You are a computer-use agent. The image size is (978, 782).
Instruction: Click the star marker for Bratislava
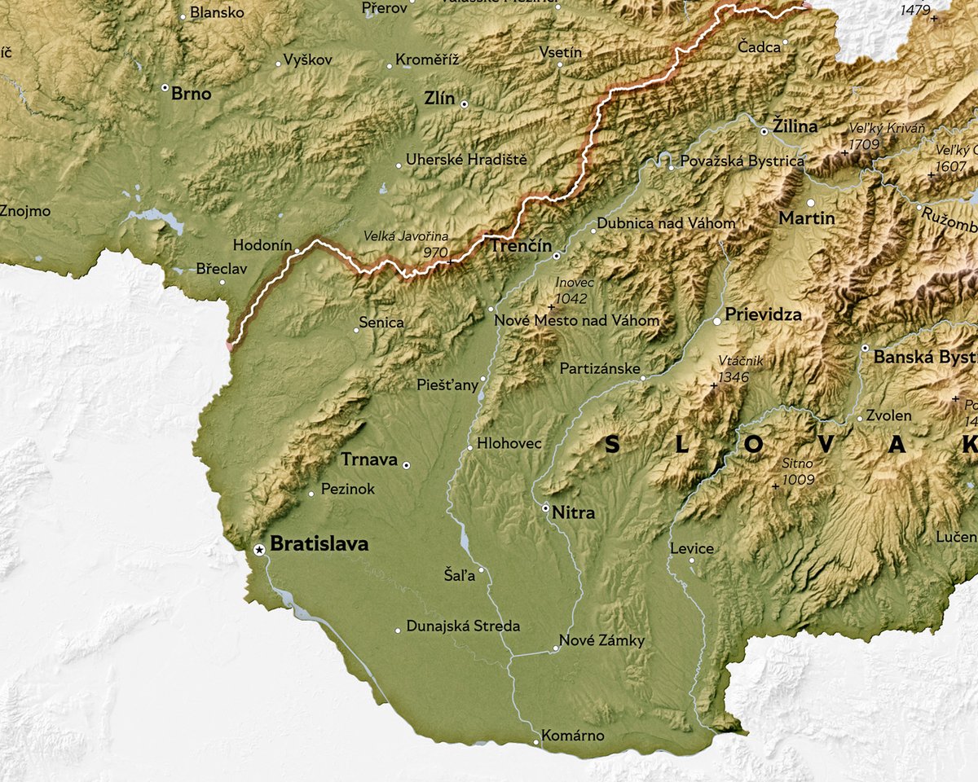[259, 551]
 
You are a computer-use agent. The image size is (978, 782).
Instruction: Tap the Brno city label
[191, 94]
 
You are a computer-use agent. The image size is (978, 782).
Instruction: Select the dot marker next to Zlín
[465, 104]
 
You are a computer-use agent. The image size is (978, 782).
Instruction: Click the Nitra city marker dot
[545, 507]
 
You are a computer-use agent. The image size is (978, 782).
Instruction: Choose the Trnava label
[369, 460]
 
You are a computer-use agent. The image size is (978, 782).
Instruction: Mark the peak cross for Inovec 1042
[552, 307]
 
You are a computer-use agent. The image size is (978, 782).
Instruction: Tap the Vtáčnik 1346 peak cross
[714, 385]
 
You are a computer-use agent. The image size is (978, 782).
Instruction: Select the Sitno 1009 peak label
[798, 472]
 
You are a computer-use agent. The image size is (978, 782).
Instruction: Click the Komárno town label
[573, 736]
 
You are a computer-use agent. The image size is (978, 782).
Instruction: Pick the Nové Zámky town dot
[556, 649]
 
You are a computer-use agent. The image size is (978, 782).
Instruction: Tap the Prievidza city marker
[717, 322]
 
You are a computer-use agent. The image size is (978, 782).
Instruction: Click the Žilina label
[795, 126]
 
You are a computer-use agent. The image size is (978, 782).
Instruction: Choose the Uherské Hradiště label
[467, 160]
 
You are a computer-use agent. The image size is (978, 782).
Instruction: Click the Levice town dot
[692, 560]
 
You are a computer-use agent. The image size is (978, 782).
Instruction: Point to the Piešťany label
[447, 385]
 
